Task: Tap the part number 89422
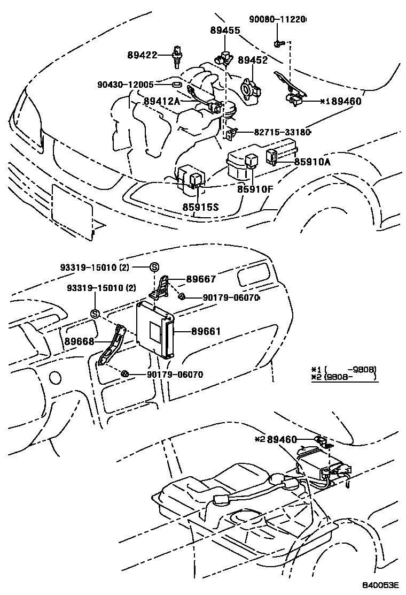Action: tap(143, 54)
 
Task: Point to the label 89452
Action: tap(253, 61)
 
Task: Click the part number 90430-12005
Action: tap(126, 85)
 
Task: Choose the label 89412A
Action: tap(161, 100)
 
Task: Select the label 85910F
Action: tap(256, 189)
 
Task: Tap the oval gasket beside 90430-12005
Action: tap(176, 84)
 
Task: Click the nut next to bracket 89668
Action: tap(124, 373)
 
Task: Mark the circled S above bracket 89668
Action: tap(94, 314)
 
